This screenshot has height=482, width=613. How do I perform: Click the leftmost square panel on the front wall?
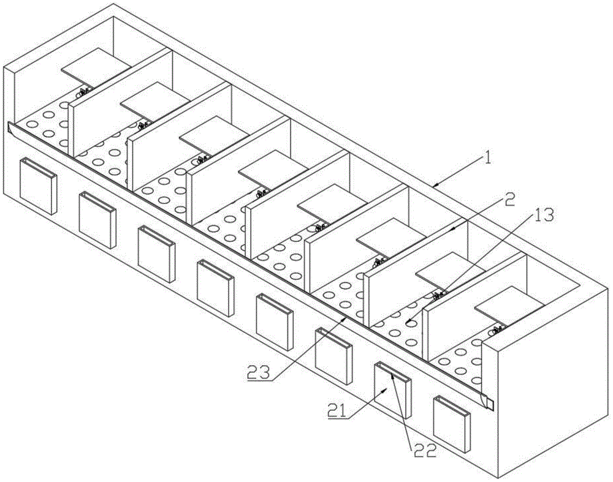38,186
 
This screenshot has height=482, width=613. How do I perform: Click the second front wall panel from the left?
97,219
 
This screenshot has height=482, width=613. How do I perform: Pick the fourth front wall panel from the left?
215,288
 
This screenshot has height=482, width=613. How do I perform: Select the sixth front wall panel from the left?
333,356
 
